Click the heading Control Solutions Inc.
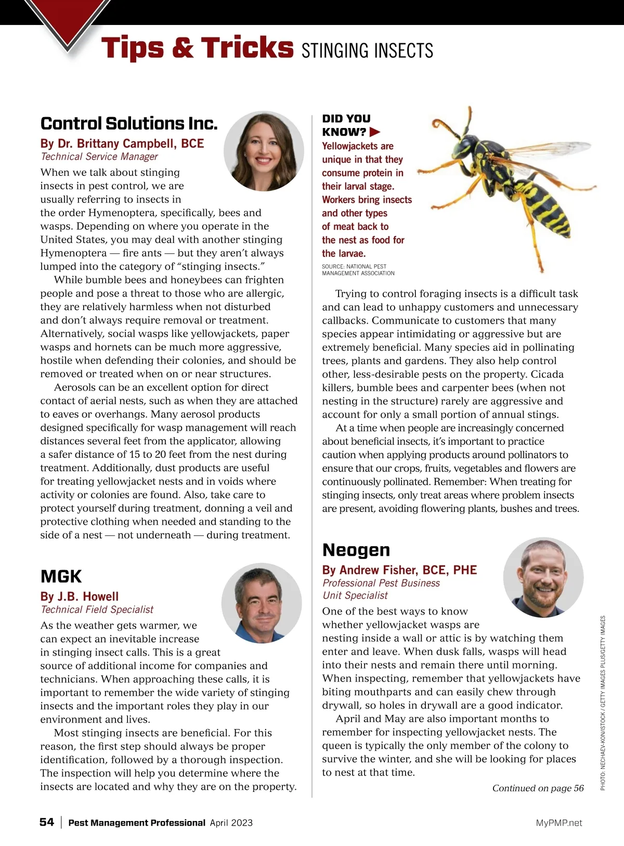click(129, 123)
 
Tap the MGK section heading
click(61, 576)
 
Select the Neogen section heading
click(356, 550)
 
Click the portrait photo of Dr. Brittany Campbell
click(264, 151)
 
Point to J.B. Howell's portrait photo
click(262, 604)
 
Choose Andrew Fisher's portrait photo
click(543, 578)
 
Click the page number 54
click(47, 822)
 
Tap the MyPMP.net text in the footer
click(559, 823)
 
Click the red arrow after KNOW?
click(375, 132)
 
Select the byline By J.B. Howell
click(80, 596)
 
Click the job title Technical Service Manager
click(99, 157)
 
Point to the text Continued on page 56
click(538, 788)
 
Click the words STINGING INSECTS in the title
click(367, 50)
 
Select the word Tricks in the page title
click(247, 47)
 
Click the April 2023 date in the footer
click(231, 823)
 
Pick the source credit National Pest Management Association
click(358, 270)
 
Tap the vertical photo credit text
click(603, 702)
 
